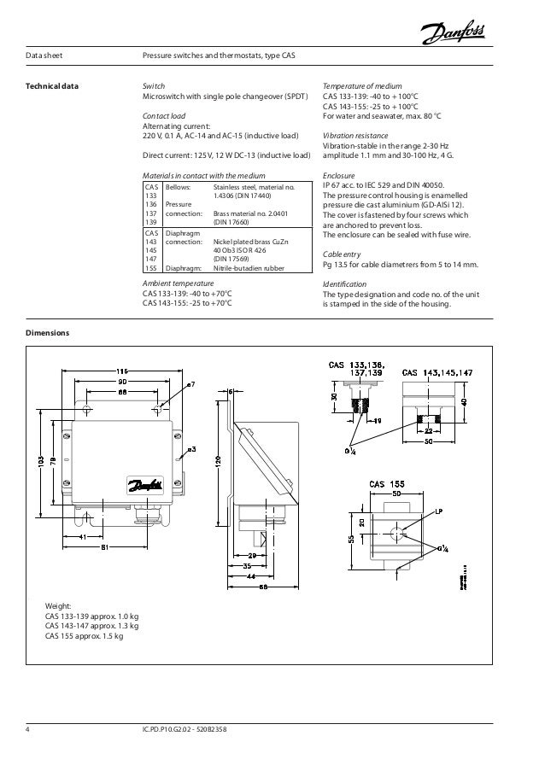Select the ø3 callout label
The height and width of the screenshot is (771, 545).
click(192, 448)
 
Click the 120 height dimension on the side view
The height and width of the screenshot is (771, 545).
click(219, 462)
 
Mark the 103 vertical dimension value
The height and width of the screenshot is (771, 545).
click(39, 461)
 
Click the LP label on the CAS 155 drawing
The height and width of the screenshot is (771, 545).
click(438, 512)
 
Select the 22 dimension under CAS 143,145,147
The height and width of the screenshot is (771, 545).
click(429, 431)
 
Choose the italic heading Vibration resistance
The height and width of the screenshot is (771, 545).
click(355, 136)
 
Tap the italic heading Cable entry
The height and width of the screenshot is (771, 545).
click(342, 254)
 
